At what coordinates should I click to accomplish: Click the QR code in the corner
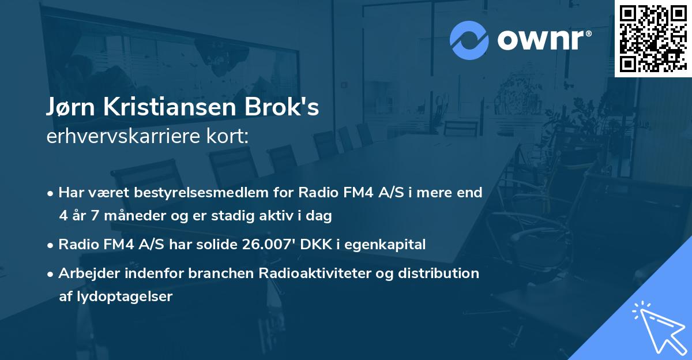tap(653, 38)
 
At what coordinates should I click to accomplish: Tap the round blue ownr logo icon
tap(469, 41)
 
